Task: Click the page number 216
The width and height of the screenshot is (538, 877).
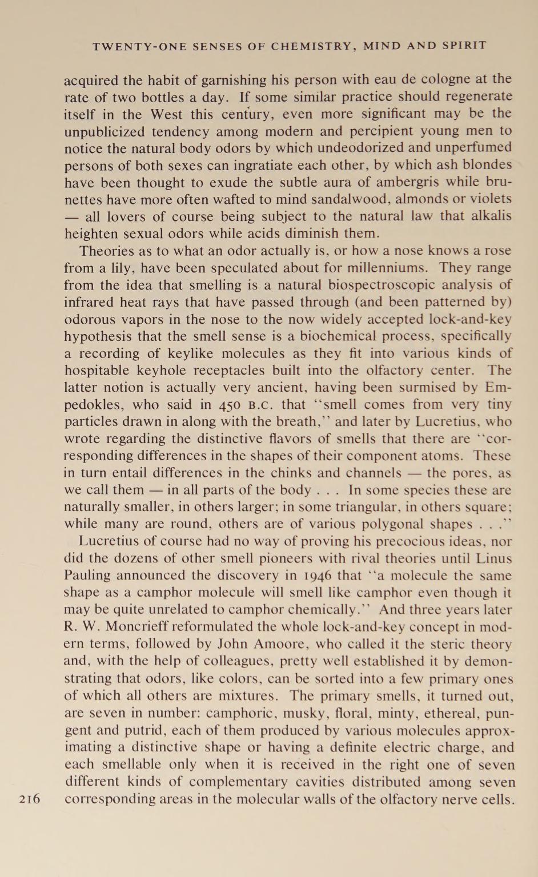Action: (30, 799)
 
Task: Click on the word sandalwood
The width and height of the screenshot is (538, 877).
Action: (336, 199)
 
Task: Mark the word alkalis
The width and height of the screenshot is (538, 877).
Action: (489, 216)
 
